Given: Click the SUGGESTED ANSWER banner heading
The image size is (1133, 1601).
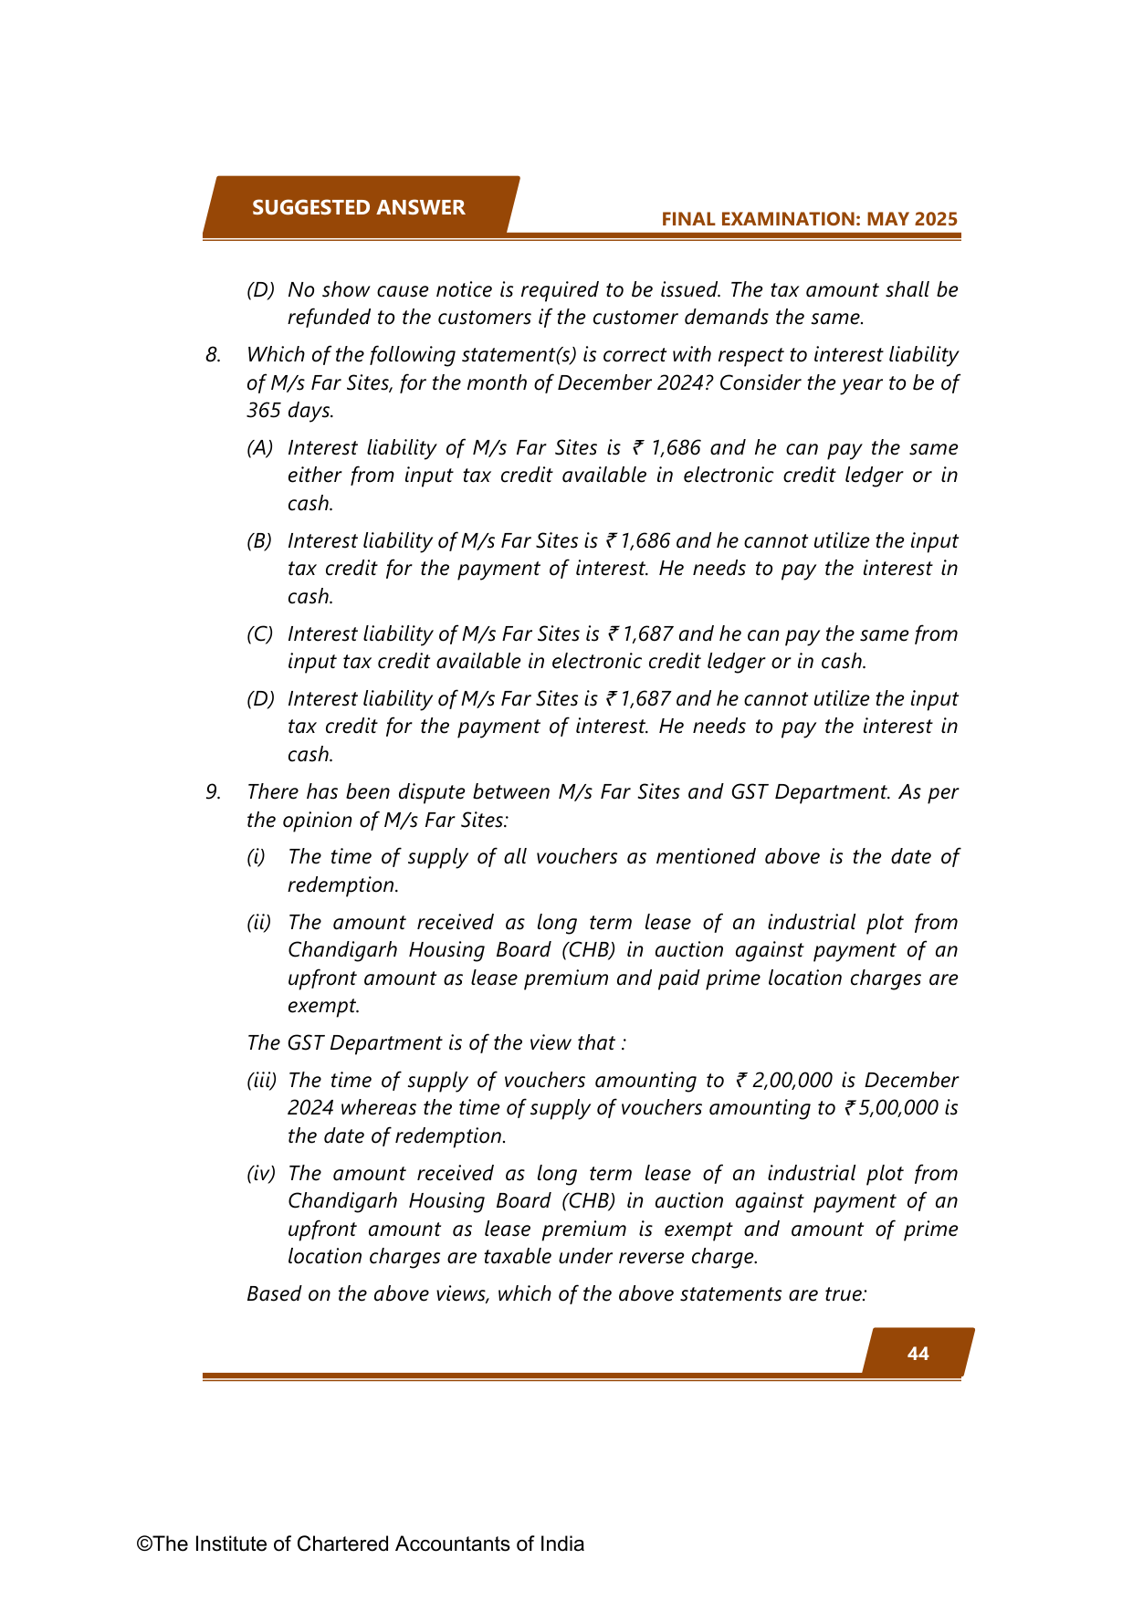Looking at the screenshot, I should [358, 207].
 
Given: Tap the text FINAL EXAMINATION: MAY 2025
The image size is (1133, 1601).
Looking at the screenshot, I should [809, 219].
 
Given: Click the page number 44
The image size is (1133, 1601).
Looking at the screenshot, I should [918, 1354].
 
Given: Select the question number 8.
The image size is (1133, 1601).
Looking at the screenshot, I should [213, 355].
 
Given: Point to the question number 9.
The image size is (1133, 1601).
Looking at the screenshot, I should [213, 792].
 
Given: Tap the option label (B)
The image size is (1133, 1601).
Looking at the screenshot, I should [259, 541].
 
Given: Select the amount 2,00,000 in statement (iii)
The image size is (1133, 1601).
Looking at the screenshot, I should [792, 1081].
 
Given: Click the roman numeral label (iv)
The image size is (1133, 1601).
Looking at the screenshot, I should [260, 1174].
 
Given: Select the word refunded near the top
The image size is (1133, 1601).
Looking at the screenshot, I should [330, 318].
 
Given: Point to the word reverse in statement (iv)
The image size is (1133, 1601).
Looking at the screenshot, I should [651, 1257].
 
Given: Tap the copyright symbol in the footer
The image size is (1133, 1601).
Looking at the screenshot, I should [144, 1544].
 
